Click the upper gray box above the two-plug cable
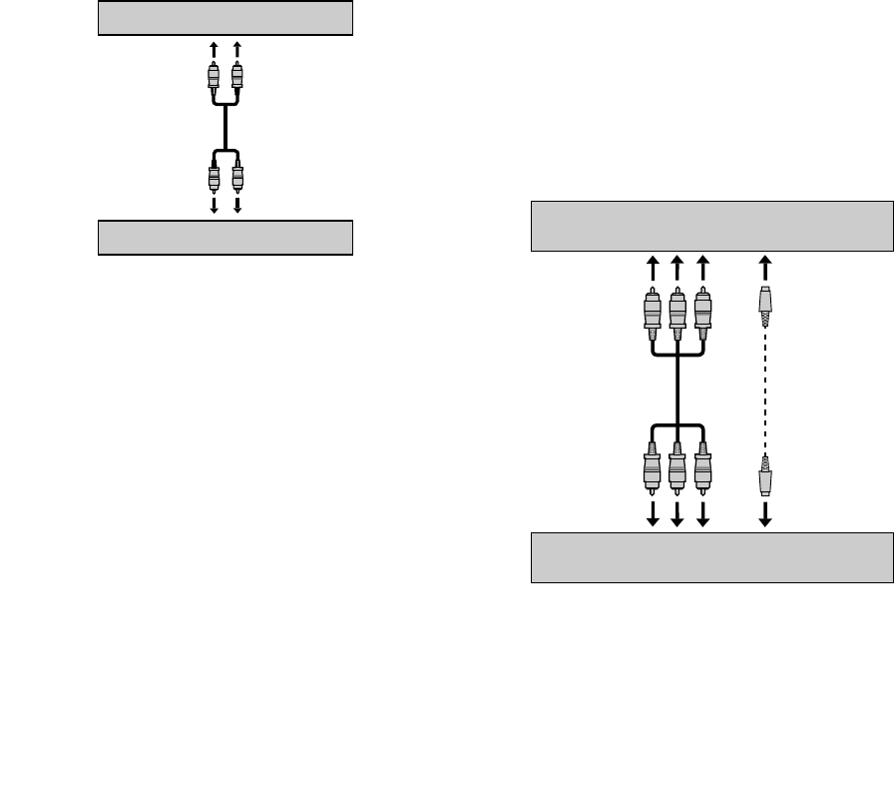[225, 18]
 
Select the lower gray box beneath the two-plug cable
[225, 238]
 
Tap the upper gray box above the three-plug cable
[711, 226]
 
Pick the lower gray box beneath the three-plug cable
[711, 557]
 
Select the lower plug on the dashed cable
[765, 475]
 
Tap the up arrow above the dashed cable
[765, 267]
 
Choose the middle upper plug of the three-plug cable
[678, 311]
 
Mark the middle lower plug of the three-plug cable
[678, 468]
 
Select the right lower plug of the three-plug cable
[703, 468]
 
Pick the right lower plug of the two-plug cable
[237, 178]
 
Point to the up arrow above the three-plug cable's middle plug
[678, 267]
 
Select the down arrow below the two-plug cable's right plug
[237, 206]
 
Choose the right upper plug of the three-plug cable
[703, 311]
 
